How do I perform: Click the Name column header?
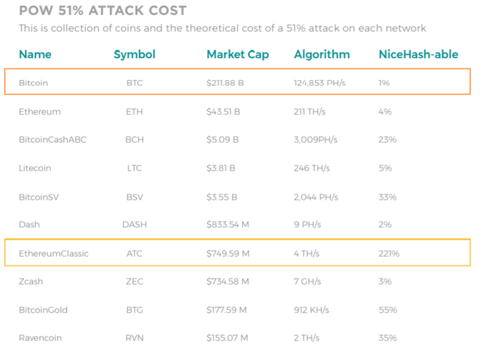(x=35, y=55)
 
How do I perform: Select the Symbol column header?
(x=134, y=55)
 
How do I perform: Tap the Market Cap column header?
(x=238, y=55)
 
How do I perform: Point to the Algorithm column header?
(x=322, y=55)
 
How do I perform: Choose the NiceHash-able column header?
(x=418, y=55)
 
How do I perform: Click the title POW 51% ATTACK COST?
(x=103, y=11)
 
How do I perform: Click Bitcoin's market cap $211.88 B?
(x=225, y=83)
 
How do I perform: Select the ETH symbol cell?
(x=134, y=111)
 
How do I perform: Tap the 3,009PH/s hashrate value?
(x=316, y=140)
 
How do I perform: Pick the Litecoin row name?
(x=35, y=168)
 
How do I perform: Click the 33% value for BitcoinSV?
(x=387, y=197)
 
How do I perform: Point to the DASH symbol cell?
(x=134, y=225)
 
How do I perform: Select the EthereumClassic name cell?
(x=53, y=253)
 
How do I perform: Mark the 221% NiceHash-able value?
(x=389, y=253)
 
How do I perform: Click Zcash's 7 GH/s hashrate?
(x=307, y=282)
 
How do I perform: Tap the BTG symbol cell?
(x=134, y=310)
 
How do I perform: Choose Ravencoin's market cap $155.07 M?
(x=227, y=338)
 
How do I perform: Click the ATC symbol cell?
(x=134, y=253)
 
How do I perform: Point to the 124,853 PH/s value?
(x=320, y=83)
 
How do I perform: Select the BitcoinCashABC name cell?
(x=53, y=139)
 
